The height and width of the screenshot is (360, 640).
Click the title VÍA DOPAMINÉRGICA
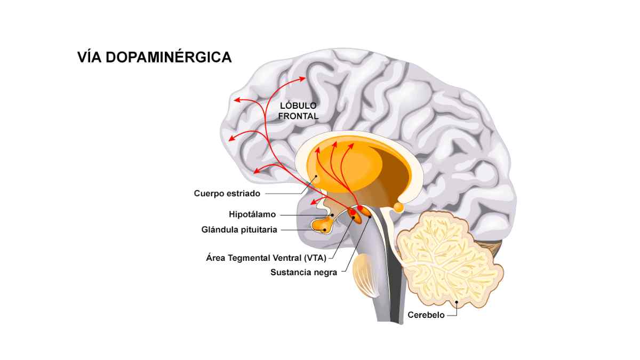pos(154,57)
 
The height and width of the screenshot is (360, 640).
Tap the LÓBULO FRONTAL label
pos(298,111)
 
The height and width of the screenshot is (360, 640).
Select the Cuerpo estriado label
pos(227,194)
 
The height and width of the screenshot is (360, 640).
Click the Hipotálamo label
pos(252,214)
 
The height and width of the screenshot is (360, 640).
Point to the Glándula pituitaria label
pos(239,229)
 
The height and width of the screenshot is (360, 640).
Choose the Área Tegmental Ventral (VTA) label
pos(266,258)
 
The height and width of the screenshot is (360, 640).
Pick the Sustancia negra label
pos(303,273)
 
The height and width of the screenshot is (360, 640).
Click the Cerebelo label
pos(426,315)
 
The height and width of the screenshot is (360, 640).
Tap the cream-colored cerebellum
pos(449,260)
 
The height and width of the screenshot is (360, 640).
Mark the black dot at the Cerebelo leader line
pos(457,302)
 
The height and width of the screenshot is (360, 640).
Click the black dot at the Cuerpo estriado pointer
pos(316,176)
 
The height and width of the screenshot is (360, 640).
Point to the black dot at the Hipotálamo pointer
pos(333,215)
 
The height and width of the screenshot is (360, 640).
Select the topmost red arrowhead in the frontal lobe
pos(302,78)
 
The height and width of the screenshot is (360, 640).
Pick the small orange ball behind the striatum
pos(398,207)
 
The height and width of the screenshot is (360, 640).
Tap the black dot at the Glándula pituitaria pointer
pos(325,230)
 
